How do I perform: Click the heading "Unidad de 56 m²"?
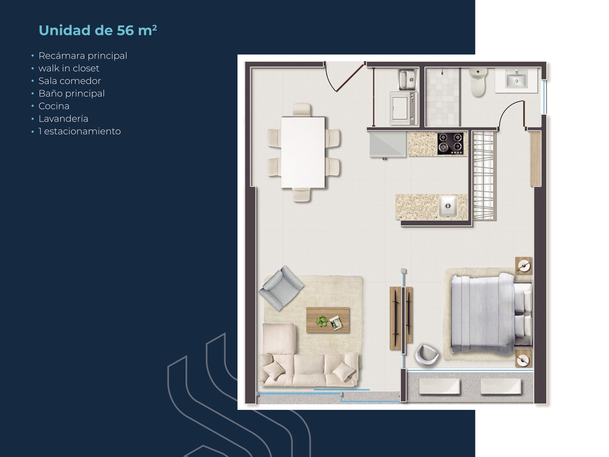[98, 30]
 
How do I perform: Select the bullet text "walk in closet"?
[69, 68]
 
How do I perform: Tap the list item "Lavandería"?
[63, 119]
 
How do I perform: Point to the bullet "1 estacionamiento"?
[80, 131]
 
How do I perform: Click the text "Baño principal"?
[71, 94]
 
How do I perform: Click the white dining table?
[303, 152]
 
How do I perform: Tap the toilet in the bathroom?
[478, 83]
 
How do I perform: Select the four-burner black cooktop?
[450, 143]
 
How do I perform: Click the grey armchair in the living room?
[281, 288]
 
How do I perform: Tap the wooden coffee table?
[328, 320]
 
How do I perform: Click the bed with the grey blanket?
[486, 315]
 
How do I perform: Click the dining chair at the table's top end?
[302, 110]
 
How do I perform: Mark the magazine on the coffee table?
[336, 323]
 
